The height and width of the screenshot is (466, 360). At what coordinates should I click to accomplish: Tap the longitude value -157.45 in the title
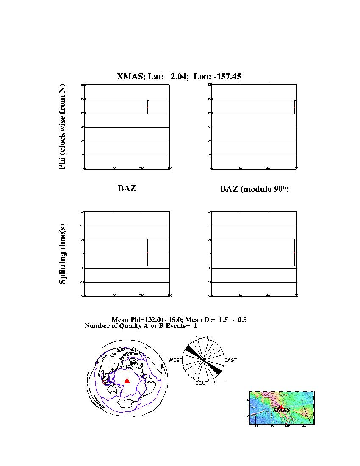tap(225, 76)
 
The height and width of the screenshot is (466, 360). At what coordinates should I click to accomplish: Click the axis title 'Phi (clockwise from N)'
tap(62, 127)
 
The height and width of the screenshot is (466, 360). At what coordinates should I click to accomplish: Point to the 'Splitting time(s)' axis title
tap(63, 254)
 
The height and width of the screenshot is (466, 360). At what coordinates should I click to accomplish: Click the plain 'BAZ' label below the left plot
tap(127, 189)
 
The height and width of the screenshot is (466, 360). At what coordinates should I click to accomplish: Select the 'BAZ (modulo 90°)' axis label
tap(254, 189)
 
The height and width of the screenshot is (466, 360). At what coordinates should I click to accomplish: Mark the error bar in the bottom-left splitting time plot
tap(147, 253)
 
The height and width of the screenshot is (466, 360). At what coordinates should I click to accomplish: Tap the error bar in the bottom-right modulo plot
tap(294, 253)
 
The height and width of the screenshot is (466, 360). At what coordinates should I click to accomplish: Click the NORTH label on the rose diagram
tap(203, 337)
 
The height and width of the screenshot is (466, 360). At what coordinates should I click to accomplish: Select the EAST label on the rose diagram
tap(230, 360)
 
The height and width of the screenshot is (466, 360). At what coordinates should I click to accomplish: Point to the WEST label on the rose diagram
tap(175, 360)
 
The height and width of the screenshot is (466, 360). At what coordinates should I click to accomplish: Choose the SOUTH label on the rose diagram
tap(203, 383)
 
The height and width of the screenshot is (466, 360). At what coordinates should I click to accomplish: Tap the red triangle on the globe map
tap(127, 380)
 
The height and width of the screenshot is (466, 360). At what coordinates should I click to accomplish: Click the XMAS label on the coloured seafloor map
tap(281, 410)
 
